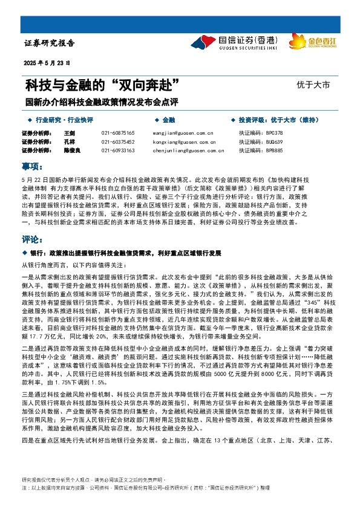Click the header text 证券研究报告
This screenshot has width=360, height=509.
(50, 44)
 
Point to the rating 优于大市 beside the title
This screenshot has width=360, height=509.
(313, 85)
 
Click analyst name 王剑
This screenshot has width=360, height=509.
(68, 132)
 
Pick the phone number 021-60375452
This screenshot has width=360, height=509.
(118, 141)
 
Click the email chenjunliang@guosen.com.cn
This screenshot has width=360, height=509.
(183, 151)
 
